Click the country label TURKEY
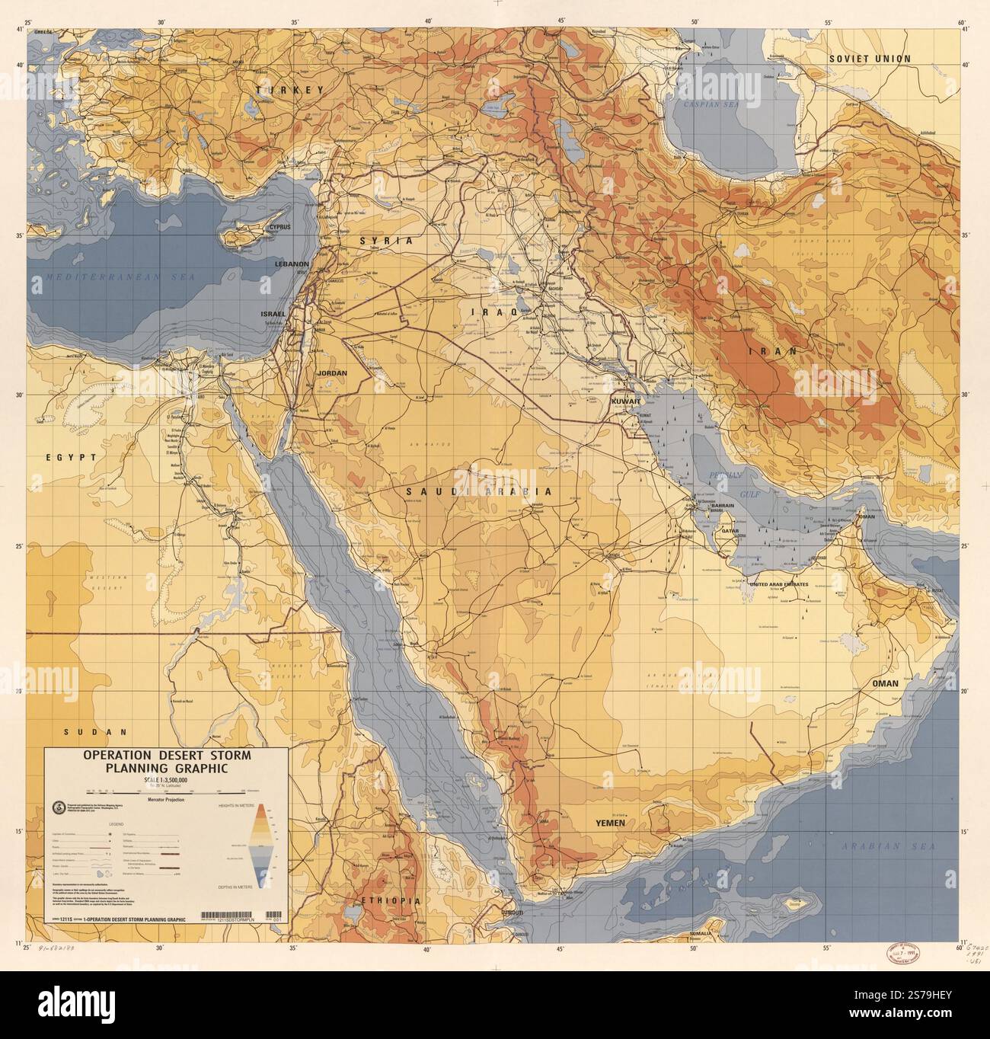289,90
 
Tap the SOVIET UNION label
870,59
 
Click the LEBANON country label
292,264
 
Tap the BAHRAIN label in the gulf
722,506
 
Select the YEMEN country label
610,823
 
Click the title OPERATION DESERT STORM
166,756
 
